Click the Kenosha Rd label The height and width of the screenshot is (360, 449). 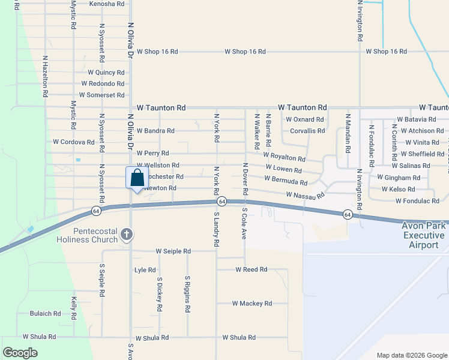[x=107, y=4]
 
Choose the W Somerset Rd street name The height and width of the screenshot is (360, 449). [x=101, y=95]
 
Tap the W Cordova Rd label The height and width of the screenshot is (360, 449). [x=74, y=142]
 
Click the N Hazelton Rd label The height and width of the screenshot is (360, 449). [x=45, y=77]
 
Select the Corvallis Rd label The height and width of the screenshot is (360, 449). [x=307, y=131]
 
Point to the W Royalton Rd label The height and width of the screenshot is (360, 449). [x=284, y=157]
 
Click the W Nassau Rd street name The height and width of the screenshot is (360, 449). [x=305, y=195]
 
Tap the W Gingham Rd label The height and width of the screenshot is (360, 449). [x=399, y=178]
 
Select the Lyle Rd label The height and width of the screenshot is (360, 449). [x=145, y=270]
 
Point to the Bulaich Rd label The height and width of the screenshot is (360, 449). [x=46, y=313]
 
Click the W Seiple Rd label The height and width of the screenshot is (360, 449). [x=173, y=251]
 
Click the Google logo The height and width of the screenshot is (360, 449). [x=20, y=353]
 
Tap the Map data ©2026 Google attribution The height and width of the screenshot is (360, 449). [x=411, y=355]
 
